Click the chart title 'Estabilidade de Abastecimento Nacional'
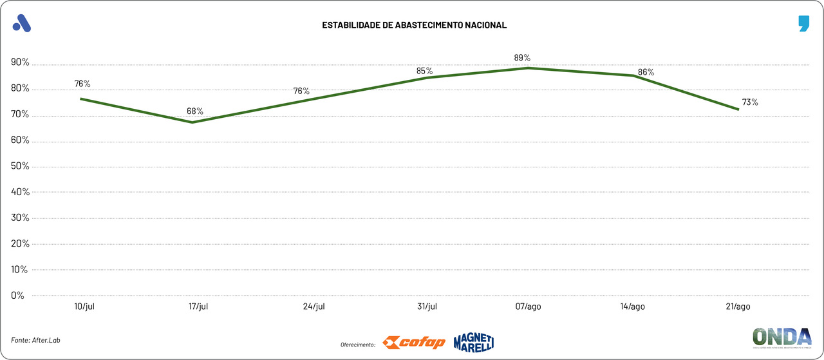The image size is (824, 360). coord(415,25)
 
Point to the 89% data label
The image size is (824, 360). coord(522,58)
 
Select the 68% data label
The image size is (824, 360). coord(195,111)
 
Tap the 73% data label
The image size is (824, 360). coord(750,102)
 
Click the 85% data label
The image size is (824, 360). coord(424,71)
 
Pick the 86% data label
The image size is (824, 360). coord(646,72)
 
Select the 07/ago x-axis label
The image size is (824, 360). coord(529,307)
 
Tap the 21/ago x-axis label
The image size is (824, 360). coord(737,307)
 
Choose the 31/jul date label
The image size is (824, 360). coord(427,307)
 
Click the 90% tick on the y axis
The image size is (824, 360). coord(20,62)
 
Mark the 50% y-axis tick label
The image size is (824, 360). coord(20,166)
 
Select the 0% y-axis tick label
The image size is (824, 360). coord(18,296)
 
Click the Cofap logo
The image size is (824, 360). coord(413,343)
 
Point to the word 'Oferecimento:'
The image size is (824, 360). coord(358,345)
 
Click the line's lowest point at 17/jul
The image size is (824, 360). coord(193,122)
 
